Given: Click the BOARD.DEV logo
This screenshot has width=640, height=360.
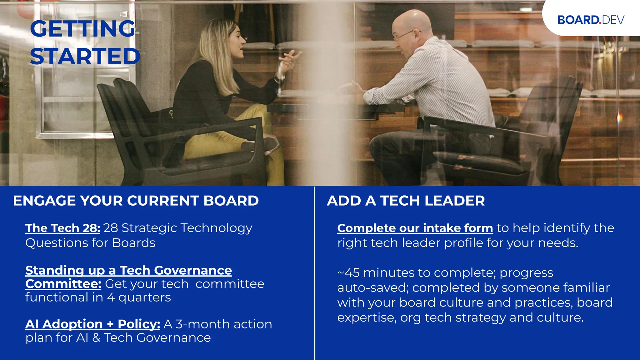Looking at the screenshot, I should coord(591,20).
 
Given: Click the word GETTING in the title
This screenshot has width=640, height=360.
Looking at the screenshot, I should coord(82,29).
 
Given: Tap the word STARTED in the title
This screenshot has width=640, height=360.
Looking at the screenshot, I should coord(85,57).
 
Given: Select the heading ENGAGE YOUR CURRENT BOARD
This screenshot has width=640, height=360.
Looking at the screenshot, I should coord(136,201).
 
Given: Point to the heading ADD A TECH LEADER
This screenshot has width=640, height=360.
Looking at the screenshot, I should coord(406,201).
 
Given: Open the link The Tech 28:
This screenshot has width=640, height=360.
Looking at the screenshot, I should coord(62,228).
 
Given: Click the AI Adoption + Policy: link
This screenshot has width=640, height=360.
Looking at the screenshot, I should coord(92,324).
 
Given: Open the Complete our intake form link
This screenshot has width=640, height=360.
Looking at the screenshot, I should coord(415,228).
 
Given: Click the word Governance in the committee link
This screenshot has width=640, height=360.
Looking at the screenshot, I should coord(193,270).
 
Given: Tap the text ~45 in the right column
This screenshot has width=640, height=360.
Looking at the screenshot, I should coord(348,273).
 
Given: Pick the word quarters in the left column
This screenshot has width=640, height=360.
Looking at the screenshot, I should coord(145,298).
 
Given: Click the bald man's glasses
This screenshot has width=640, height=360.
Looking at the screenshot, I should coord(404,35).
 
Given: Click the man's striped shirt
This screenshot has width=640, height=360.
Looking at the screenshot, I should coord(444,81).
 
